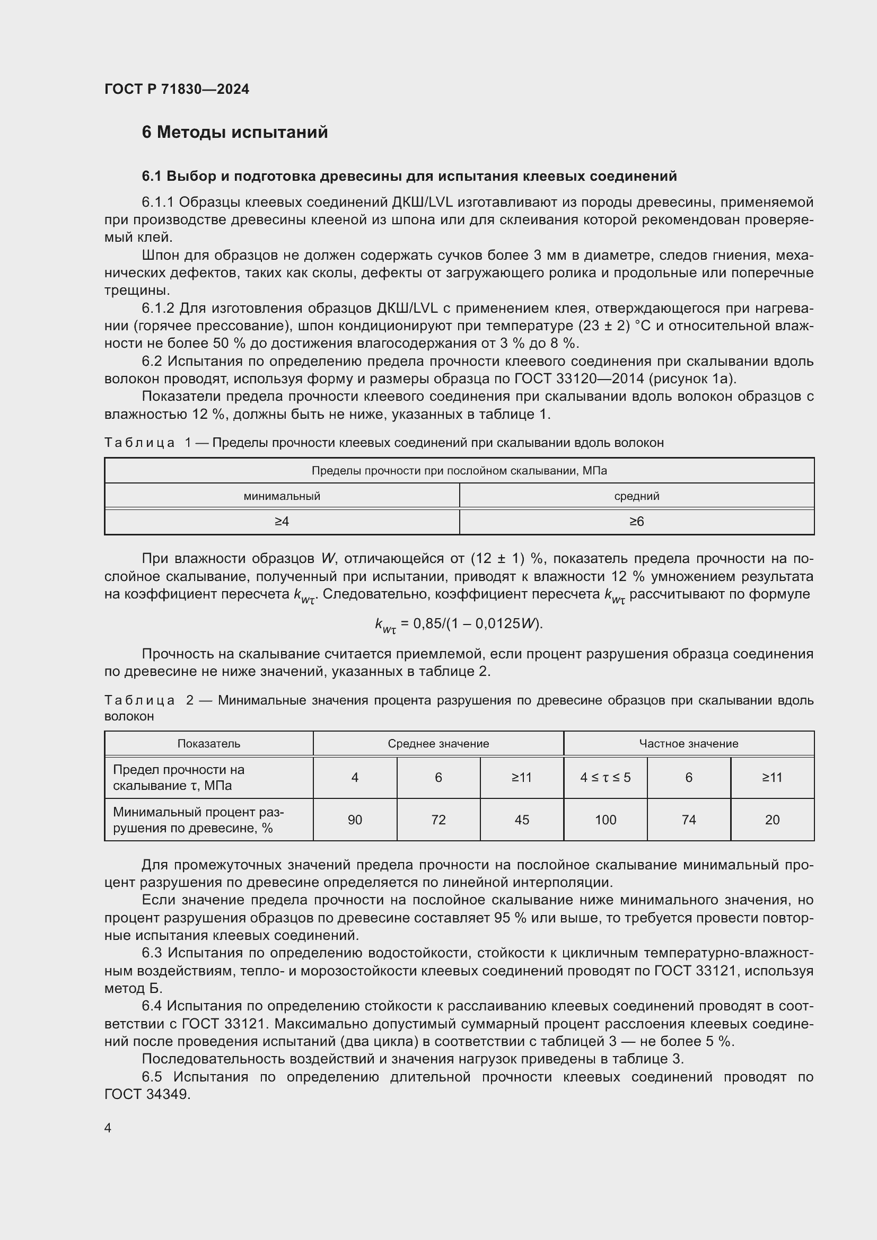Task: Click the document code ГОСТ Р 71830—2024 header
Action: coord(177,89)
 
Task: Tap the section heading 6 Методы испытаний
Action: coord(234,133)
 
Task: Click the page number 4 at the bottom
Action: coord(108,1128)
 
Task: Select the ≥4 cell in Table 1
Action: coord(282,521)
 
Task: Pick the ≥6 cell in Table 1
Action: coord(636,521)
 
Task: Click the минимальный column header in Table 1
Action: coord(282,496)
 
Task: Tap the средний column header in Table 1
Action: coord(636,496)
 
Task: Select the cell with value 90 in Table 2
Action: coord(355,820)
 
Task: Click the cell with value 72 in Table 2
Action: coord(438,820)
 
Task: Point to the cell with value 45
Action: coord(522,820)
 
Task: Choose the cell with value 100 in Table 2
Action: coord(606,820)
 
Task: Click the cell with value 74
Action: coord(689,820)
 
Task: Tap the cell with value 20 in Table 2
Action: coord(772,820)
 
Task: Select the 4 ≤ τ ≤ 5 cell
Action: coord(606,777)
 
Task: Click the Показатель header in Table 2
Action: coord(208,744)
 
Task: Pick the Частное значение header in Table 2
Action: coord(689,744)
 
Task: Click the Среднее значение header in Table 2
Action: coord(438,744)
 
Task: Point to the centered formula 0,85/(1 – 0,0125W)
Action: coord(459,624)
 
